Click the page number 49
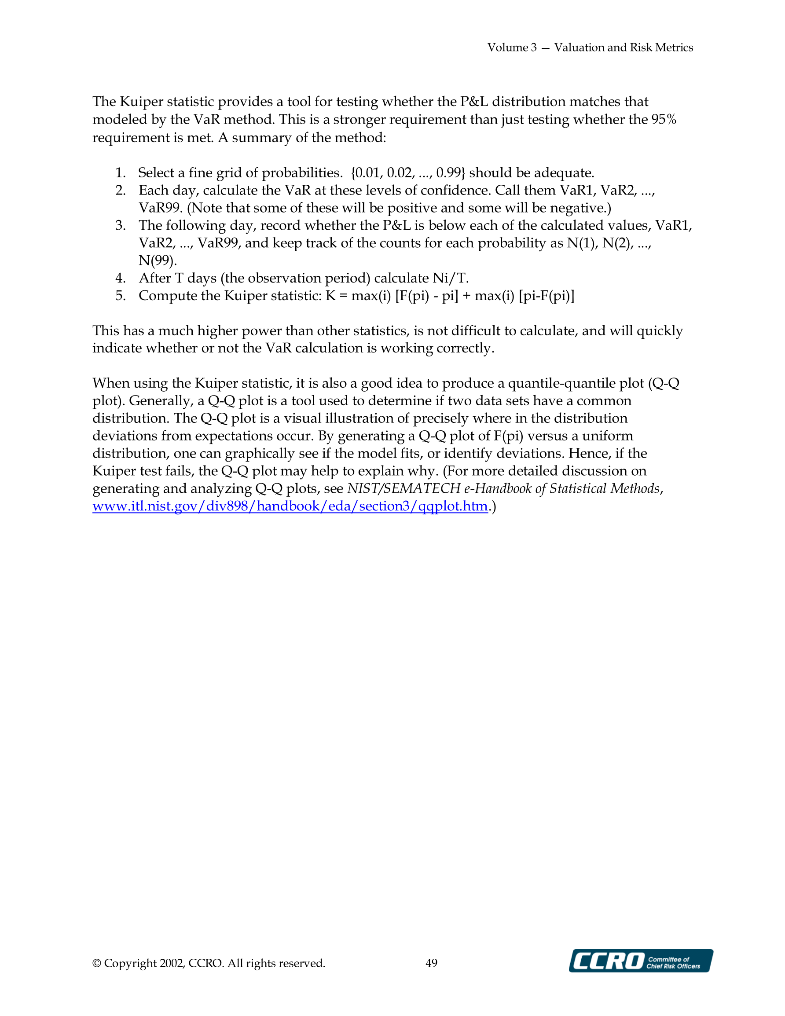431,963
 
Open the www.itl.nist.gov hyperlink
290,506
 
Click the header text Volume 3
512,48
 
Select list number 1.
121,173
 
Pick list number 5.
121,296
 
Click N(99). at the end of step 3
158,260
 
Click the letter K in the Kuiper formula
330,296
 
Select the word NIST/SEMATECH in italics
404,488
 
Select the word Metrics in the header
674,48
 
